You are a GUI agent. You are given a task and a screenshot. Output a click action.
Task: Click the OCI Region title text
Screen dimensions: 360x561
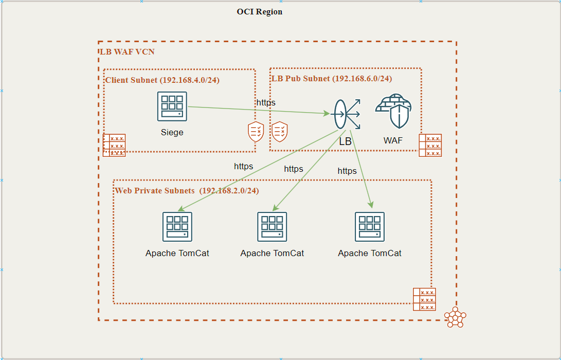(x=259, y=12)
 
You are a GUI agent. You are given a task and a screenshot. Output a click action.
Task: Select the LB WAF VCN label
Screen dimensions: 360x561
(x=126, y=52)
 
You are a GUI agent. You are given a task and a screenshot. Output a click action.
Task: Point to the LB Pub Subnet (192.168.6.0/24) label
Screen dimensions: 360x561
(x=331, y=79)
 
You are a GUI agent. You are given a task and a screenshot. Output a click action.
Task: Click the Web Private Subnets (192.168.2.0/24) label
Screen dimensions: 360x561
(x=187, y=191)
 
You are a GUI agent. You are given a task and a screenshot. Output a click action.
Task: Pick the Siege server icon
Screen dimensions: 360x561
(x=172, y=106)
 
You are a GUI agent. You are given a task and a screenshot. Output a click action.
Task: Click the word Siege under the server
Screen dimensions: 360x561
(x=172, y=133)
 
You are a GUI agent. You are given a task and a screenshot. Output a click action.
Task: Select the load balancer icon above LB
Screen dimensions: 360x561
(x=346, y=114)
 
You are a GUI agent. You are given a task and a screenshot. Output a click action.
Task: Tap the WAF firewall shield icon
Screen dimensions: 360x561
(x=393, y=111)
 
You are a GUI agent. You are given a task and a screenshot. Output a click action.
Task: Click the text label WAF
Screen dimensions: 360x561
(x=393, y=140)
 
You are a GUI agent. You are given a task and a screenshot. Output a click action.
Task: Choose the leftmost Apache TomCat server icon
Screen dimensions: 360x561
(x=177, y=227)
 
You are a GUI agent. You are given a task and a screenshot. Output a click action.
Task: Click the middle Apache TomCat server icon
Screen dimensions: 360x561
(x=272, y=227)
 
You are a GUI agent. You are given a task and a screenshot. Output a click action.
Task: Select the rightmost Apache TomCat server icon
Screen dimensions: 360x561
(x=370, y=227)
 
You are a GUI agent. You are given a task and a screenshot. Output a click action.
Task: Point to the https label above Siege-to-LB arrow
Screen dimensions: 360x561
(x=266, y=103)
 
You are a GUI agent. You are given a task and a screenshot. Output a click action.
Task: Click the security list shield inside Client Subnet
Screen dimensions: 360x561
(x=256, y=132)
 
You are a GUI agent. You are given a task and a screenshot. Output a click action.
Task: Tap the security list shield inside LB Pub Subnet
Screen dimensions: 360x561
(x=280, y=132)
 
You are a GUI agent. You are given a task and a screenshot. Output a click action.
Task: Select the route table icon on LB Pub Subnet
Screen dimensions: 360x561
(x=430, y=146)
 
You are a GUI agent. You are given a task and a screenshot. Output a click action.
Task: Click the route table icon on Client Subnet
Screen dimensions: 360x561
(x=114, y=146)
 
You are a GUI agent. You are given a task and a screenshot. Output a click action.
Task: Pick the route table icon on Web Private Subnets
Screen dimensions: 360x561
(x=424, y=299)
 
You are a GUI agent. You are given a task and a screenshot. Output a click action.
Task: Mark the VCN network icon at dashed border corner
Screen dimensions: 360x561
(x=455, y=317)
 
